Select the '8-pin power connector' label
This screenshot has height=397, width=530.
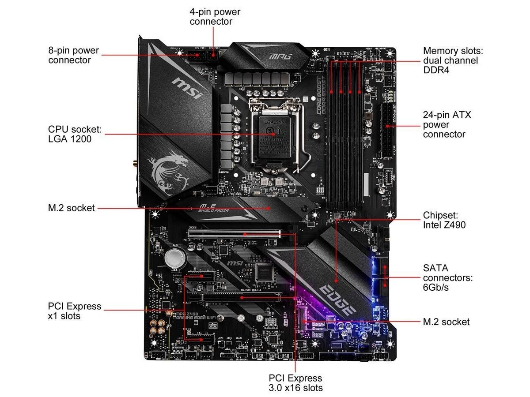(73, 55)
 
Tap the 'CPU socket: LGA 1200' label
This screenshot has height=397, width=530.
(75, 134)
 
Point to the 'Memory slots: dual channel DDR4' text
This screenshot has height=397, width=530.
(450, 60)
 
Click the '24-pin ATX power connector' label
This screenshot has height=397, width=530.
(447, 124)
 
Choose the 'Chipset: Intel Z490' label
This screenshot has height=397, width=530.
(444, 220)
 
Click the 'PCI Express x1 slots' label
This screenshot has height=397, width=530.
(74, 311)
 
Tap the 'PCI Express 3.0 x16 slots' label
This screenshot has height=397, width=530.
(295, 383)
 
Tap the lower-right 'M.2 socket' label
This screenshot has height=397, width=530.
(446, 322)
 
